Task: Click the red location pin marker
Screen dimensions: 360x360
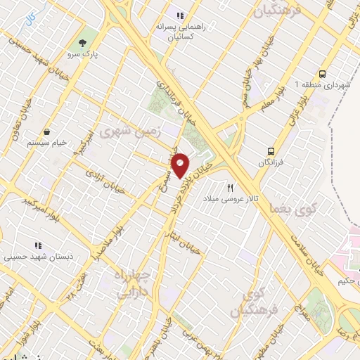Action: tap(181, 165)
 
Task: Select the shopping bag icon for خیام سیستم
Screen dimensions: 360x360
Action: tap(46, 131)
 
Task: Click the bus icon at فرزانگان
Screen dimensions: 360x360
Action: tap(271, 150)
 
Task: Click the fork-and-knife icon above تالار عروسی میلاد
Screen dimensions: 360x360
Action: tap(230, 188)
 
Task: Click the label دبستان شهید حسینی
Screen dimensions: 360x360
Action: tap(32, 257)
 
